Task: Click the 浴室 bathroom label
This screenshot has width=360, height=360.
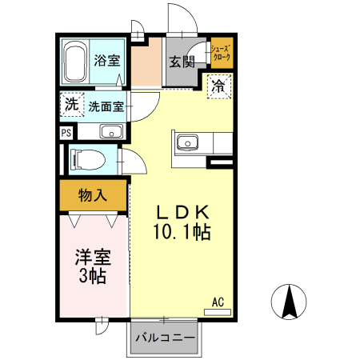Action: pyautogui.click(x=106, y=59)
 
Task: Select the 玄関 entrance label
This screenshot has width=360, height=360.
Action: pyautogui.click(x=182, y=62)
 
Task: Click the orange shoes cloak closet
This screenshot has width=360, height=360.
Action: pyautogui.click(x=221, y=54)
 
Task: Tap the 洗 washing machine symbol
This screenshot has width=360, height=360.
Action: pyautogui.click(x=70, y=104)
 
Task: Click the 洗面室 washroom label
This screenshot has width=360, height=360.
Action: pyautogui.click(x=106, y=106)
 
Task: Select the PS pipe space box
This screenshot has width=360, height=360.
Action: pyautogui.click(x=66, y=133)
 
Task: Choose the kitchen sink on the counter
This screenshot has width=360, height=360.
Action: pyautogui.click(x=190, y=142)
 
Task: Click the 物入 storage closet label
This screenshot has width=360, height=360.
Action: pyautogui.click(x=92, y=194)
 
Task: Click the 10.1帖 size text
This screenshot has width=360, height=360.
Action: pyautogui.click(x=182, y=233)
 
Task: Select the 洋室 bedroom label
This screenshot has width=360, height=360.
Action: pyautogui.click(x=93, y=258)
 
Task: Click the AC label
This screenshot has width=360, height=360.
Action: pyautogui.click(x=218, y=302)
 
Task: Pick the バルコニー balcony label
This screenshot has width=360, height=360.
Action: pyautogui.click(x=165, y=338)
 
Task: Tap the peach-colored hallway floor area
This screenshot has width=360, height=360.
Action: pyautogui.click(x=146, y=67)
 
